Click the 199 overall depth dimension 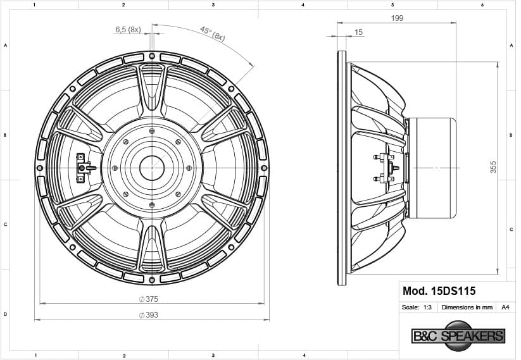pos(397,18)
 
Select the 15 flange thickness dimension pos(359,32)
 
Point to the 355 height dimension pos(493,167)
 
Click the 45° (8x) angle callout pos(212,34)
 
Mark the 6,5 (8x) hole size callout pos(128,30)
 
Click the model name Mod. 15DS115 pos(439,291)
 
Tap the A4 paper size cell pos(505,307)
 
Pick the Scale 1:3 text pos(417,307)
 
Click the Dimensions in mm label pos(467,307)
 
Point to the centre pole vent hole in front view pos(152,168)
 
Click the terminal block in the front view pos(83,168)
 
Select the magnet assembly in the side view pos(431,168)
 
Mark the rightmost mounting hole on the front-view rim pos(263,168)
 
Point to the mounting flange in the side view pos(342,168)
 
